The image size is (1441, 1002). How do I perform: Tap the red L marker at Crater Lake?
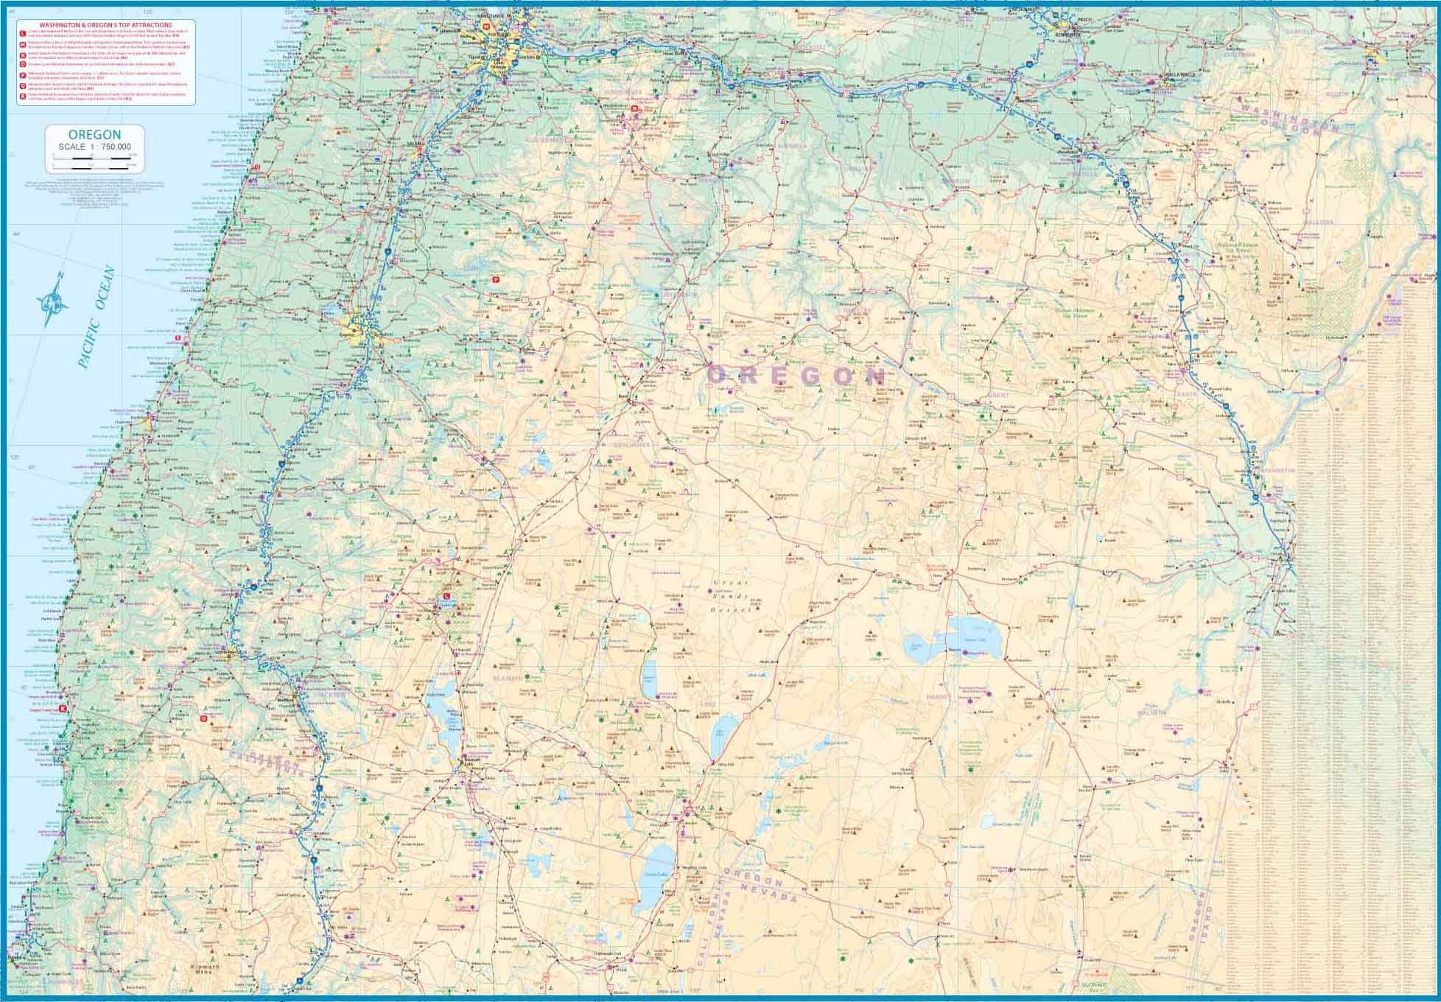click(x=446, y=596)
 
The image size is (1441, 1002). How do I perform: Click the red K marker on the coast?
click(x=63, y=710)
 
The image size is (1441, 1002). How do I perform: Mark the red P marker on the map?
click(x=496, y=279)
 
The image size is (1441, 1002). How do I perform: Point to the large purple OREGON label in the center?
click(x=796, y=376)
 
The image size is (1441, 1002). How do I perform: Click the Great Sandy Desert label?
click(x=731, y=596)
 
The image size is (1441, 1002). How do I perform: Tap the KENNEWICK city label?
click(x=1066, y=35)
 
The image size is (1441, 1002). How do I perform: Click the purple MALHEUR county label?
click(x=1151, y=712)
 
